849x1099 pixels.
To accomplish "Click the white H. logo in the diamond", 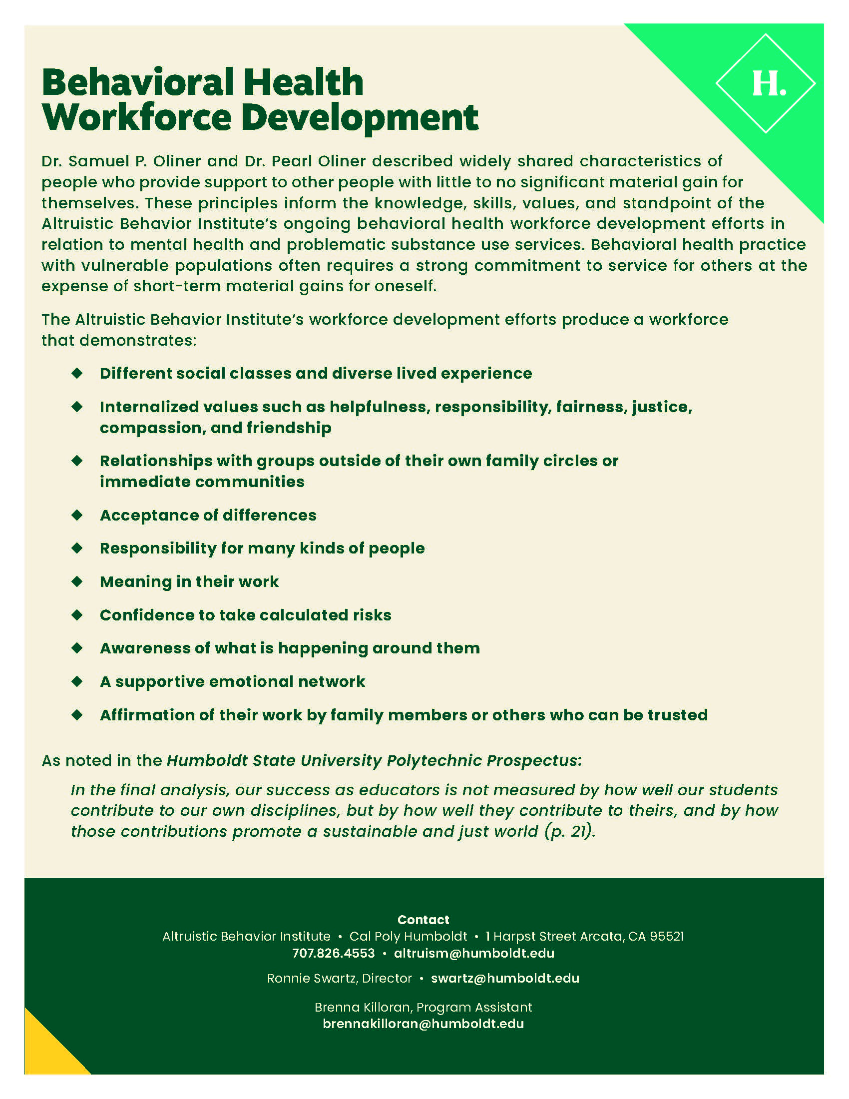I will [x=768, y=83].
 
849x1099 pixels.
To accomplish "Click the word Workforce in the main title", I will [x=137, y=118].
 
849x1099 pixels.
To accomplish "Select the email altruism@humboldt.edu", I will [x=474, y=953].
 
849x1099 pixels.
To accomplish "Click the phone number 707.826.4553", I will [x=334, y=953].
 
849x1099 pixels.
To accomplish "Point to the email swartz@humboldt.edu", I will [x=505, y=978].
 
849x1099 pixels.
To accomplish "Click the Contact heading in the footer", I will [x=423, y=920].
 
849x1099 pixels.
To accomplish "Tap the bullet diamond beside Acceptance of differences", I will [x=77, y=515].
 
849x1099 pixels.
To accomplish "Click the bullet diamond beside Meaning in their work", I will [x=77, y=581].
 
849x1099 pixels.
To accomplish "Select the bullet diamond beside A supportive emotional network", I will [x=77, y=681].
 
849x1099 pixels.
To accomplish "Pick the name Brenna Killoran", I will [x=363, y=1007].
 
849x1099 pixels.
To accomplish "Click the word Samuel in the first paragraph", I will [x=98, y=161].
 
